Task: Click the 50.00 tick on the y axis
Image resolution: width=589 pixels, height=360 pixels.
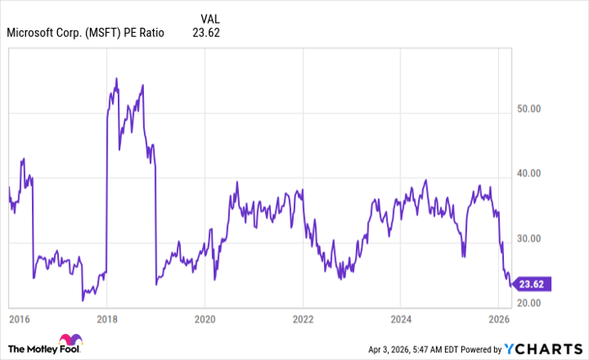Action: point(528,109)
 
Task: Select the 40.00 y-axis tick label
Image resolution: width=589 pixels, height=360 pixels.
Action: point(528,173)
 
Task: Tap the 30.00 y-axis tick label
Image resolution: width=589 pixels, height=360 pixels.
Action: point(528,238)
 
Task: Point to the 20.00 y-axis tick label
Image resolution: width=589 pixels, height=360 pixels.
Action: point(528,303)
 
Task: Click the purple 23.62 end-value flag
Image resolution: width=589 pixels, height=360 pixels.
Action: point(532,283)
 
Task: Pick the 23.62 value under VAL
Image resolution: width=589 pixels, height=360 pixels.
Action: point(207,34)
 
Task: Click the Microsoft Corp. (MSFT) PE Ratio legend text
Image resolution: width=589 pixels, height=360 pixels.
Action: point(85,34)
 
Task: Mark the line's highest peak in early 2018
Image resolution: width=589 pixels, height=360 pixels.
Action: point(116,78)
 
